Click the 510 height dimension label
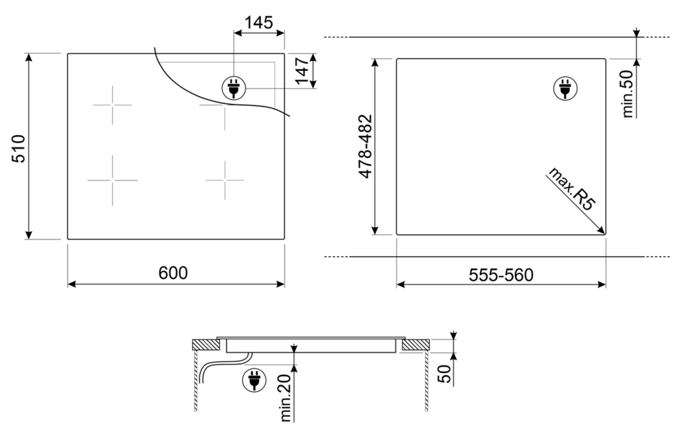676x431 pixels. point(18,148)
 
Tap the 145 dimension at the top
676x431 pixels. point(258,22)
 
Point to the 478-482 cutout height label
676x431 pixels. point(365,147)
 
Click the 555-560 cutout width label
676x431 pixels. point(501,275)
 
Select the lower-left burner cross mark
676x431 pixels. point(112,180)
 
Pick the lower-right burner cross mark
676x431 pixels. point(225,180)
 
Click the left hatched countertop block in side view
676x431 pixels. point(206,345)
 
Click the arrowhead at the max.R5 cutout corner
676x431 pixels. point(601,230)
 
